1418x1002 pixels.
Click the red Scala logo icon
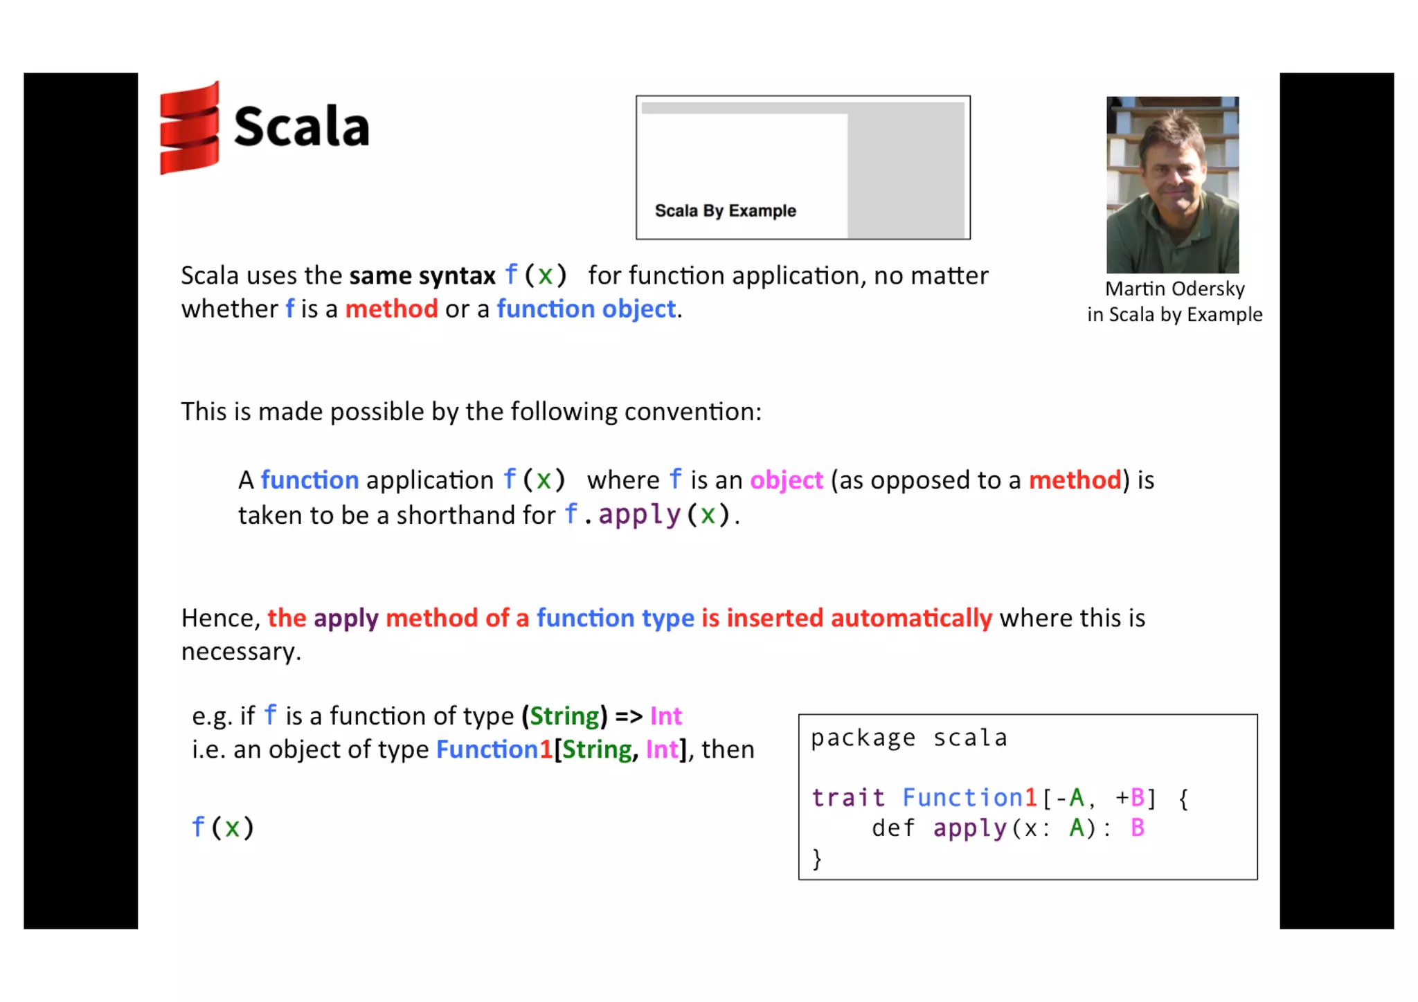point(189,129)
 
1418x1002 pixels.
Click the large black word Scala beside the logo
point(301,127)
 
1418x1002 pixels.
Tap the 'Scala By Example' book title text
point(725,210)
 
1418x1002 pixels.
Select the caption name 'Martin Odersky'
point(1174,289)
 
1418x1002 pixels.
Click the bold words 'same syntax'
point(422,276)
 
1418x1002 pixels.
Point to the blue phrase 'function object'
point(586,309)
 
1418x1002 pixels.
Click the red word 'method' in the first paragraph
point(391,309)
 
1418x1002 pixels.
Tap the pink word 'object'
point(786,480)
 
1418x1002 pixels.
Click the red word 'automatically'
point(911,618)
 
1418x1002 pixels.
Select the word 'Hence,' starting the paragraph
point(220,619)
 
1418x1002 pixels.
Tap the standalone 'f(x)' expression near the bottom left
point(222,828)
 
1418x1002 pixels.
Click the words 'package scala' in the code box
point(908,738)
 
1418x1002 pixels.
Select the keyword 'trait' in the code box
point(848,798)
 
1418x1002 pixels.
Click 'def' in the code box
point(892,828)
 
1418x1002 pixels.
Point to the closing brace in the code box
point(817,859)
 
